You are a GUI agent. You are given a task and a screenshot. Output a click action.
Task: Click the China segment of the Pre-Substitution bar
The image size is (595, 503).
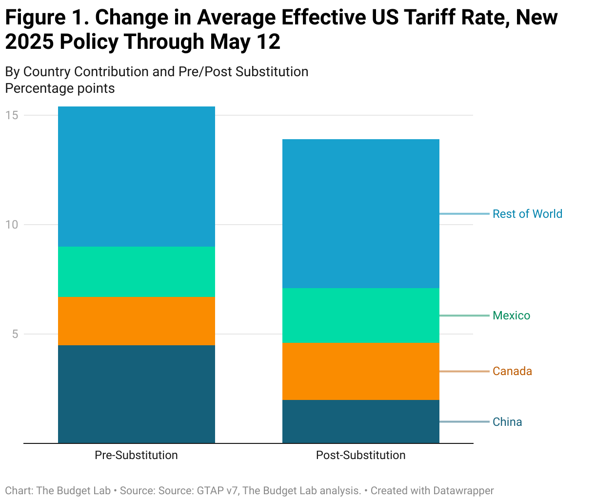click(x=137, y=394)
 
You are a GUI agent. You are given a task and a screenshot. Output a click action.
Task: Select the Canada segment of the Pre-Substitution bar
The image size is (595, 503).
click(x=137, y=320)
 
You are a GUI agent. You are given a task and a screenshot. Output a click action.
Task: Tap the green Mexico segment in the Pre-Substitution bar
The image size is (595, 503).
click(x=137, y=271)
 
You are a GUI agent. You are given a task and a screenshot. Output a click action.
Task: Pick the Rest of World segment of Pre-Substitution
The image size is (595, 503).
click(x=137, y=176)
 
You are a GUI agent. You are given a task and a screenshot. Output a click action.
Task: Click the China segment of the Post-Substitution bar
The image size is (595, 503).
click(x=361, y=421)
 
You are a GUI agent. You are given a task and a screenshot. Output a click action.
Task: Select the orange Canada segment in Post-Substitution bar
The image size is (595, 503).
click(x=361, y=371)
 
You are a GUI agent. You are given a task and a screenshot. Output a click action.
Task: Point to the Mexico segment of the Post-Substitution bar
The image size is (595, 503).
click(x=361, y=315)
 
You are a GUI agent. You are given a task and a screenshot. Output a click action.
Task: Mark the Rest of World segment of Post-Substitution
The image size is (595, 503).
click(x=361, y=213)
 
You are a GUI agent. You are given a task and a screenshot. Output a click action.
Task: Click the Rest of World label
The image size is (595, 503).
click(x=527, y=214)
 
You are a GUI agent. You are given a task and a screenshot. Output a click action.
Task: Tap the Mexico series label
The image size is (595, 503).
click(x=511, y=315)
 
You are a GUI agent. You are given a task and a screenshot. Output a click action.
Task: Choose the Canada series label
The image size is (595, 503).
click(x=512, y=371)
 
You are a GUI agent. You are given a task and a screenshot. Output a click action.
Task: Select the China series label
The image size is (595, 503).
click(x=507, y=422)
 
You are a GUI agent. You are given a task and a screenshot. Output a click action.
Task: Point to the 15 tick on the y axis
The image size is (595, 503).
click(x=12, y=115)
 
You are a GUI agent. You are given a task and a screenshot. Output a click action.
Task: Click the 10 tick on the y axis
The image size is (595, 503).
click(x=12, y=225)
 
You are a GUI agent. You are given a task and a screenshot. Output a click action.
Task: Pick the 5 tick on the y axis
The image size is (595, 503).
click(x=15, y=334)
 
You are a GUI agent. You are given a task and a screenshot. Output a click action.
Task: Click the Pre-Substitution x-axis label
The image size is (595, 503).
click(x=137, y=455)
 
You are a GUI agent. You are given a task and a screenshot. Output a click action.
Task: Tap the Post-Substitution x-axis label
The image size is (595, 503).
click(x=361, y=455)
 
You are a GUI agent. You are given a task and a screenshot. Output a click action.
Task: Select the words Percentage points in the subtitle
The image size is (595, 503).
click(x=60, y=88)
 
